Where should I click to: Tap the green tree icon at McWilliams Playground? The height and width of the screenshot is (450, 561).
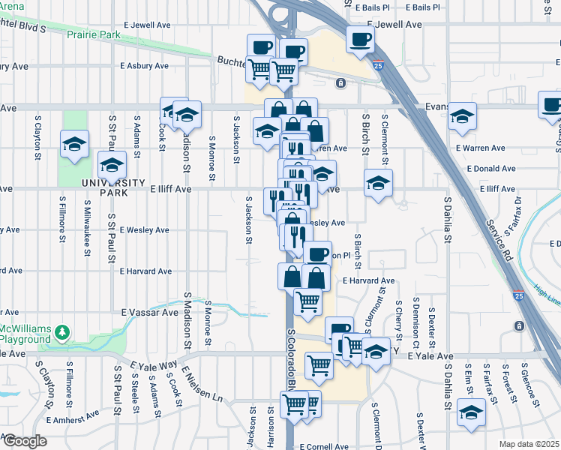pyautogui.click(x=64, y=331)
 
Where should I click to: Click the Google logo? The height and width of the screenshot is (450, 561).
pyautogui.click(x=24, y=441)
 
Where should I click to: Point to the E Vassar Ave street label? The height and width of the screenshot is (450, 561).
pyautogui.click(x=147, y=312)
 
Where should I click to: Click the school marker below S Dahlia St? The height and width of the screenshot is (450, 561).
pyautogui.click(x=471, y=412)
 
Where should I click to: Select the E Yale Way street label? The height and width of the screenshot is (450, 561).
pyautogui.click(x=153, y=366)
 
